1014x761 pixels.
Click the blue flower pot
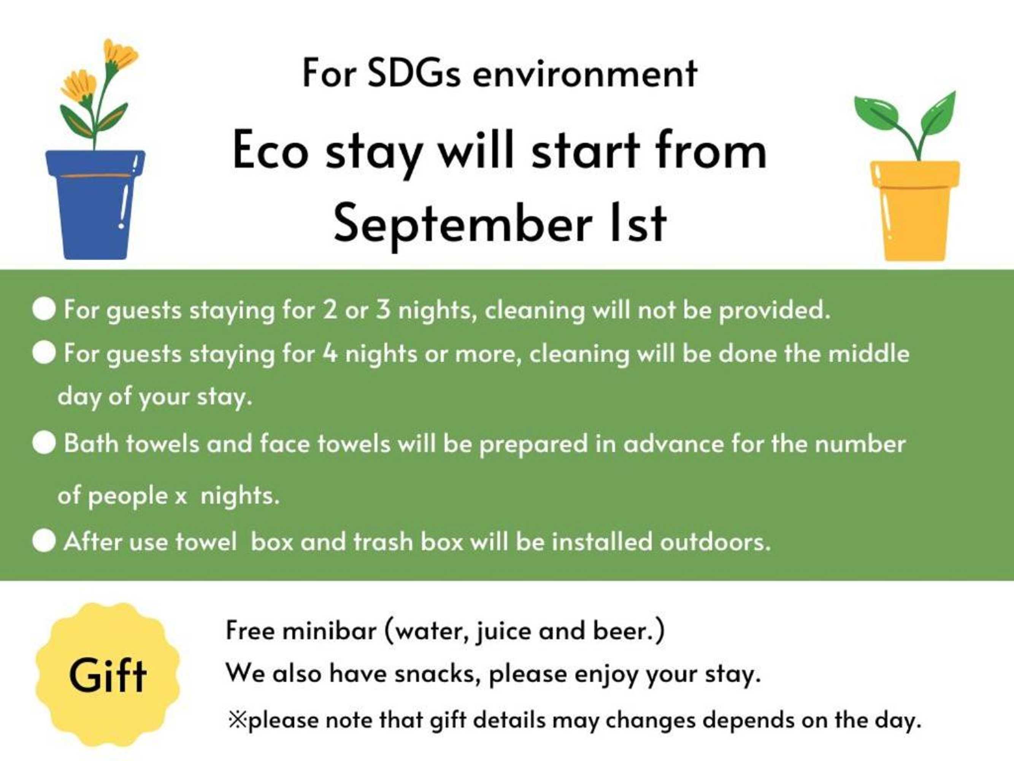pyautogui.click(x=95, y=204)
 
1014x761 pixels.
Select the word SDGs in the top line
pyautogui.click(x=414, y=73)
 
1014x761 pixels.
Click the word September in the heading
pyautogui.click(x=462, y=223)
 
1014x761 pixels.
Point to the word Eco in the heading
pyautogui.click(x=270, y=150)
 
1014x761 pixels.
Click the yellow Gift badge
pyautogui.click(x=108, y=675)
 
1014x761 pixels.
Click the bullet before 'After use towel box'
pyautogui.click(x=44, y=541)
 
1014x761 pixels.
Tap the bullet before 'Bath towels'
pyautogui.click(x=44, y=444)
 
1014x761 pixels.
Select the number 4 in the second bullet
pyautogui.click(x=330, y=353)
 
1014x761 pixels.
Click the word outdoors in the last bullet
pyautogui.click(x=715, y=541)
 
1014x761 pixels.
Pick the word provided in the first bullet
pyautogui.click(x=774, y=310)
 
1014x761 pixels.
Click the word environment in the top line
pyautogui.click(x=585, y=74)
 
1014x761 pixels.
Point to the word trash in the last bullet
pyautogui.click(x=384, y=541)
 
